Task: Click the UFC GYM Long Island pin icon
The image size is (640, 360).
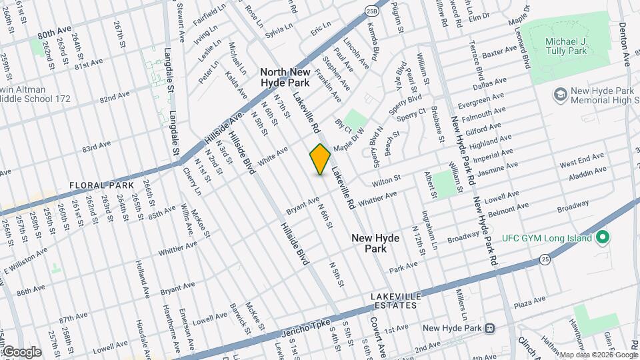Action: [x=603, y=237]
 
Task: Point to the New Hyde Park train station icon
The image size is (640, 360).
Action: [x=490, y=328]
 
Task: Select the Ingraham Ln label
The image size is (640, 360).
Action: [x=429, y=230]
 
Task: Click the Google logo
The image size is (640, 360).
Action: [x=21, y=352]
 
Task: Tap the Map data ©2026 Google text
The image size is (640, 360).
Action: [x=597, y=355]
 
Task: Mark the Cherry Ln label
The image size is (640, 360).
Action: [x=191, y=181]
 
